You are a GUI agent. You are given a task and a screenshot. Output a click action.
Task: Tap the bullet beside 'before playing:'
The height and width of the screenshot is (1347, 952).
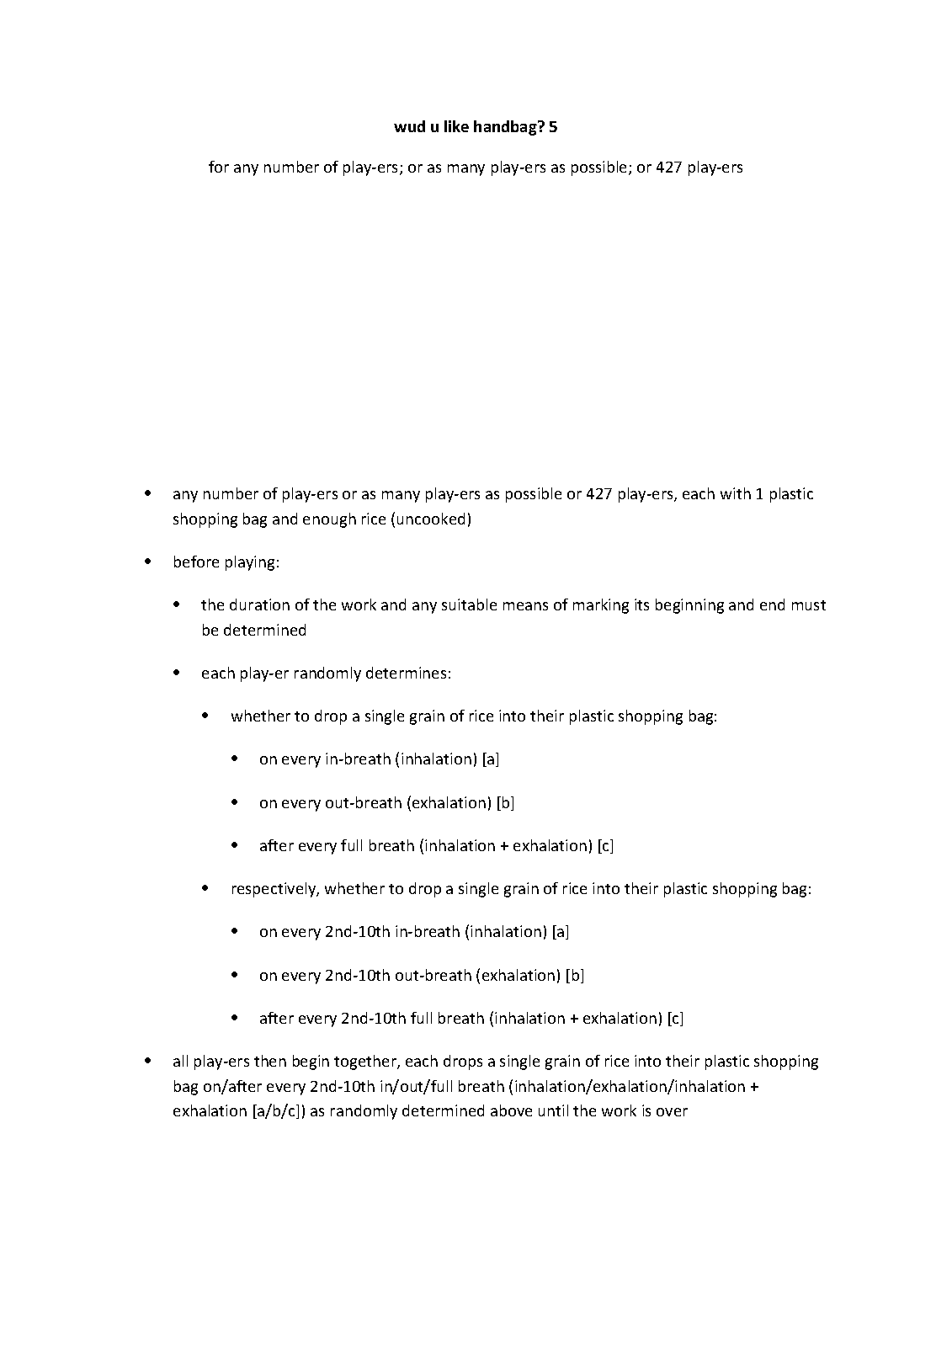pyautogui.click(x=149, y=561)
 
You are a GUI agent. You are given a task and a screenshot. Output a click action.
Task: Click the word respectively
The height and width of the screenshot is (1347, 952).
pyautogui.click(x=274, y=889)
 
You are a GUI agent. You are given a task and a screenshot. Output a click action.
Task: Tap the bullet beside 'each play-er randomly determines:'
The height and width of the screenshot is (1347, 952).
pyautogui.click(x=178, y=673)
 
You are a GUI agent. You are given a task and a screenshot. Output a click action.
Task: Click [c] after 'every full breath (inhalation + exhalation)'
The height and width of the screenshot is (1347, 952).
pyautogui.click(x=605, y=846)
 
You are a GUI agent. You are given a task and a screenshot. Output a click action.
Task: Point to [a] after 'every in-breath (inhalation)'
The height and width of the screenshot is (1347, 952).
pyautogui.click(x=491, y=759)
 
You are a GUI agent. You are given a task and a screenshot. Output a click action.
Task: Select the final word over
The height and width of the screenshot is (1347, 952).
pyautogui.click(x=673, y=1111)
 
